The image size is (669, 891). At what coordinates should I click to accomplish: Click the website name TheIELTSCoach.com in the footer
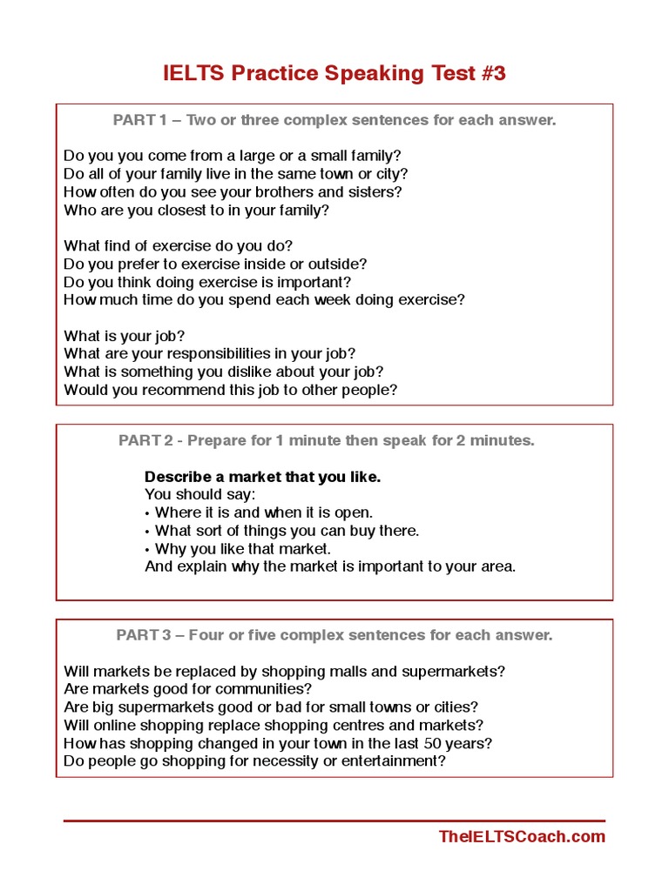(x=522, y=837)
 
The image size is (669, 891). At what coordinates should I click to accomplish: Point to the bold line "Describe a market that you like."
(x=262, y=477)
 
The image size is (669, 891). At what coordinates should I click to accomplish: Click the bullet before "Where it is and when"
(x=147, y=513)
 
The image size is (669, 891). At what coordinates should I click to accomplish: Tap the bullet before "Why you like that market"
(x=147, y=549)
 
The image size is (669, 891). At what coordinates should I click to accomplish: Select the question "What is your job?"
(x=125, y=336)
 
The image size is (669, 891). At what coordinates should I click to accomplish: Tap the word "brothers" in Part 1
(x=277, y=192)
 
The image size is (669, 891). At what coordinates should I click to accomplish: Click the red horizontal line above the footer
(x=334, y=821)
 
